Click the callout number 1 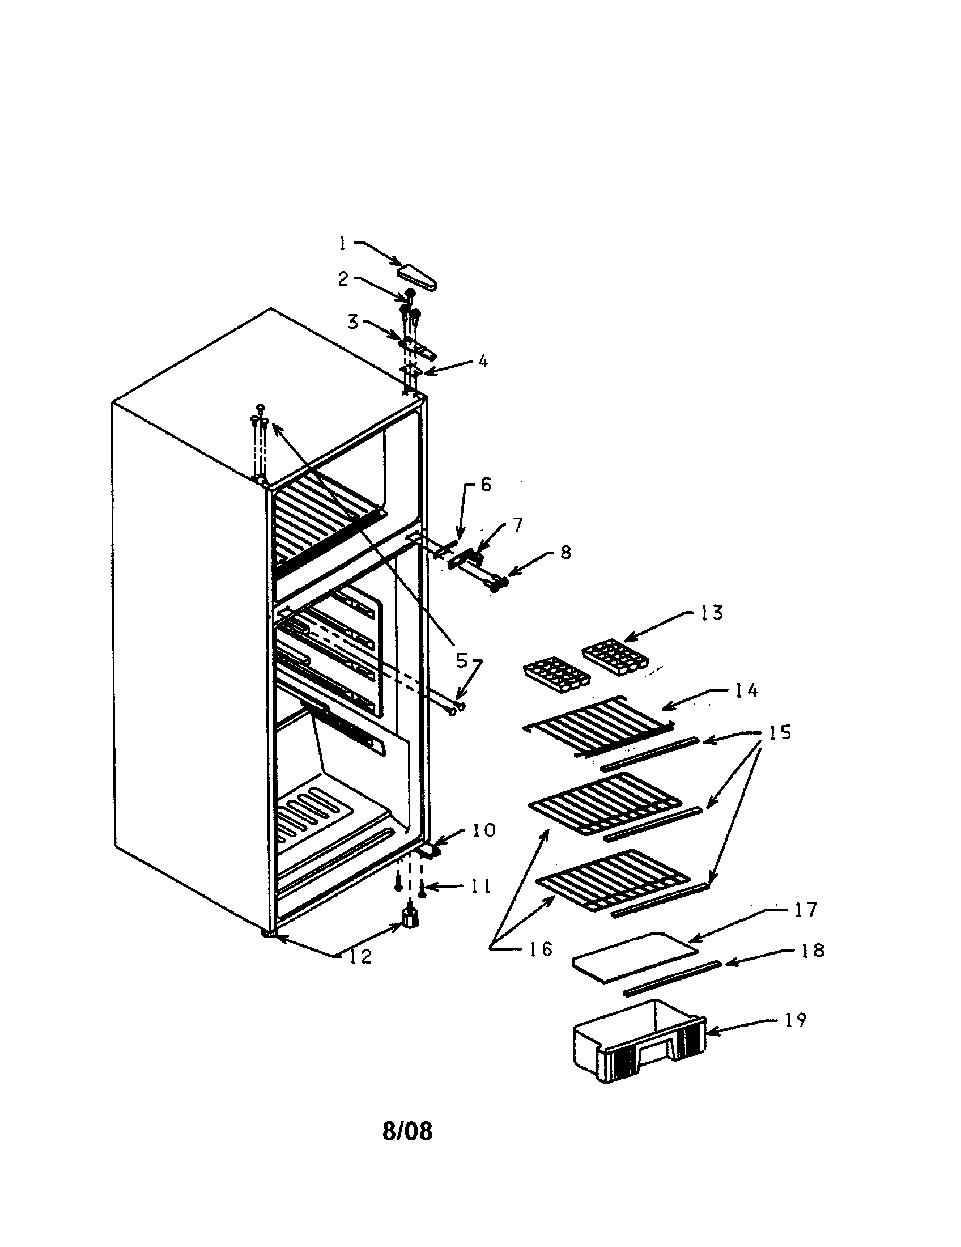click(x=342, y=244)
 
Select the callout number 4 click(x=483, y=361)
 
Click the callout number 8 click(x=565, y=552)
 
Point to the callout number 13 click(x=711, y=613)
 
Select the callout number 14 click(x=746, y=690)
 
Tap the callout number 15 click(x=779, y=732)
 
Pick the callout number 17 click(x=806, y=910)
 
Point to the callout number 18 click(x=813, y=950)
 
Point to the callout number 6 click(x=485, y=485)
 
